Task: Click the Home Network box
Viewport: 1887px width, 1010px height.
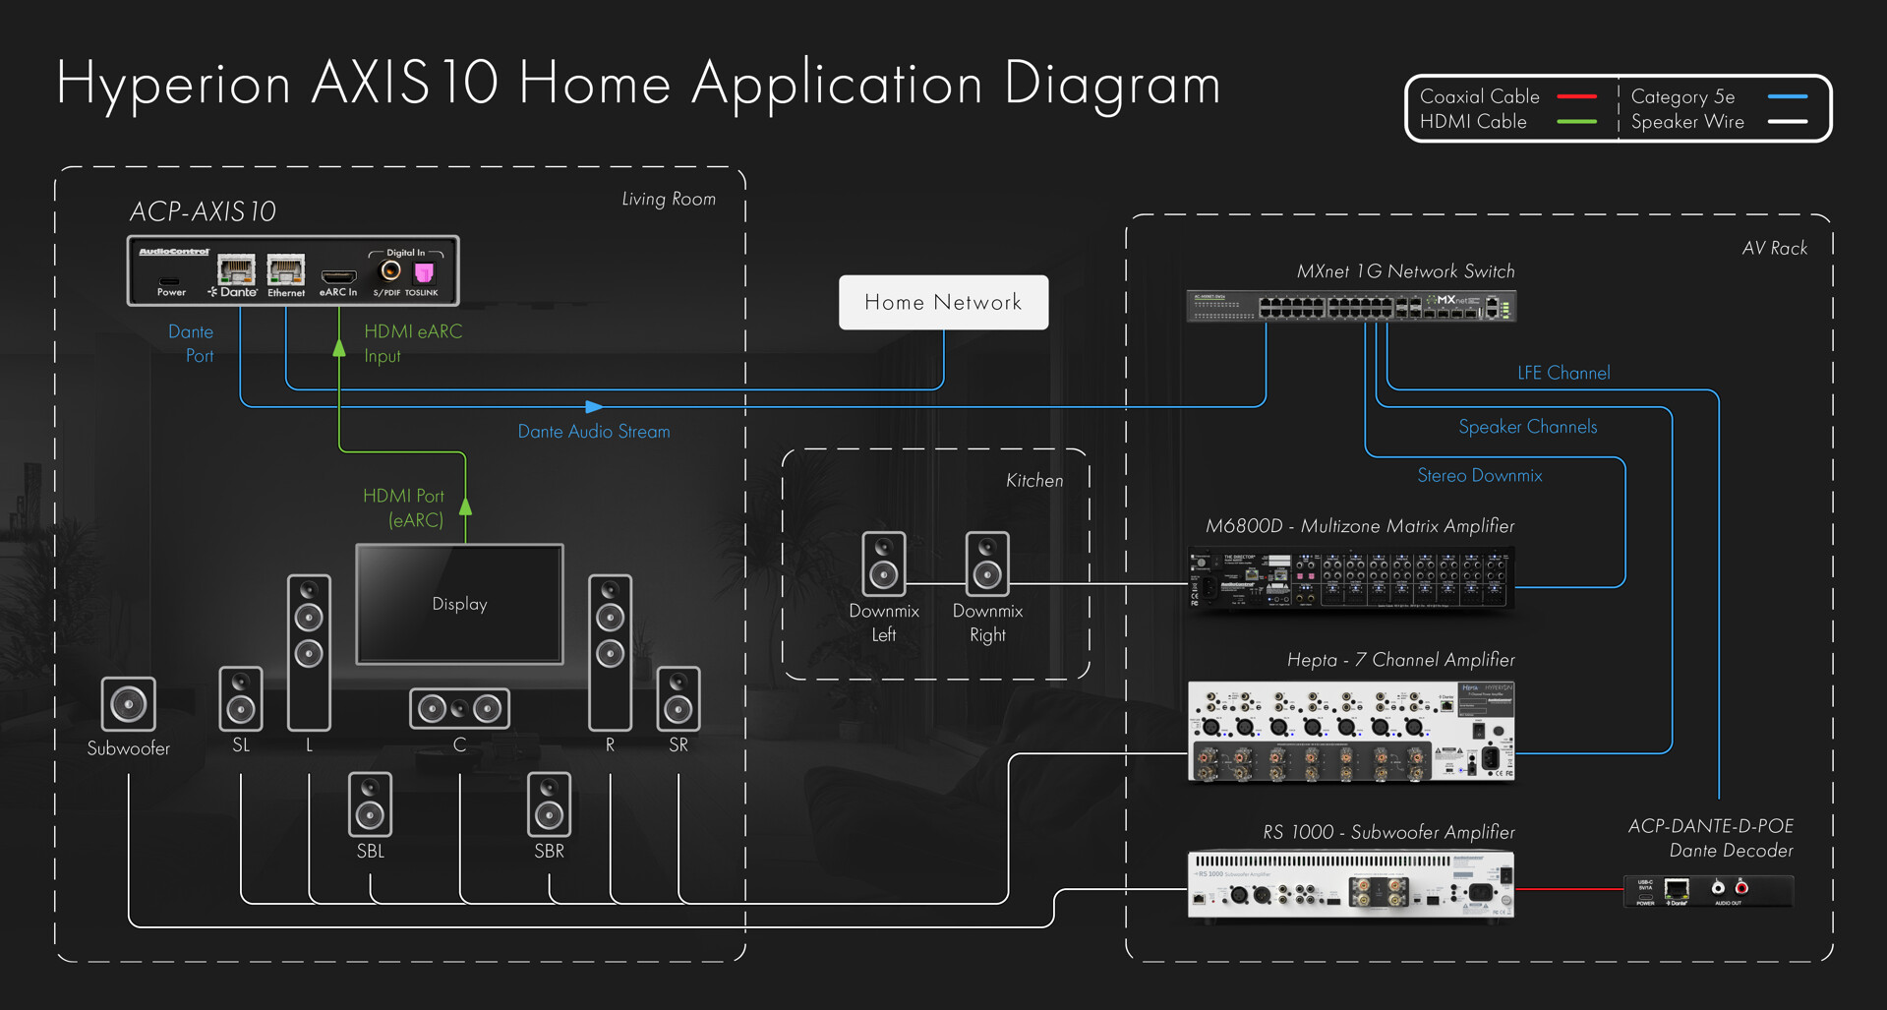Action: (x=943, y=302)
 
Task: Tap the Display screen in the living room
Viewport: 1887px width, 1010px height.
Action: (x=459, y=604)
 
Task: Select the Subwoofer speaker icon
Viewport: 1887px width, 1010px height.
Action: (x=128, y=703)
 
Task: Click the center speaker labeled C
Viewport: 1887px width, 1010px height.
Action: (x=459, y=708)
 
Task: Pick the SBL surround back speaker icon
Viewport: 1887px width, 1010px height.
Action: (x=370, y=803)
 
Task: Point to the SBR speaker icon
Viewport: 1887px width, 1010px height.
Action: (x=549, y=803)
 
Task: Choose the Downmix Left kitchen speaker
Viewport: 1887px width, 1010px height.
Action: (x=883, y=564)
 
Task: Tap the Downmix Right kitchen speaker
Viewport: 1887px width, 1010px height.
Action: (x=987, y=564)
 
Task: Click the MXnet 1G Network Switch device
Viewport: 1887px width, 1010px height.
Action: (x=1351, y=306)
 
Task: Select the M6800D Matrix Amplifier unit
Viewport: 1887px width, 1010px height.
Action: (x=1351, y=578)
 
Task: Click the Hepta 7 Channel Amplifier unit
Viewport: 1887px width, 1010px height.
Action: (x=1351, y=732)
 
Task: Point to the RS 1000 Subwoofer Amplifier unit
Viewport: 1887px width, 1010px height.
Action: (x=1351, y=885)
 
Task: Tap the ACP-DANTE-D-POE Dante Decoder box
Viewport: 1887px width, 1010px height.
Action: (x=1708, y=891)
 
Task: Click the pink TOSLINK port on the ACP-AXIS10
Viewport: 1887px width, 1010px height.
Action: (x=424, y=272)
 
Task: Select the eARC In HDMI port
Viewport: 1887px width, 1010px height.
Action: (x=338, y=276)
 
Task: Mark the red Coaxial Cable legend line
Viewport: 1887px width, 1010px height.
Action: (x=1577, y=96)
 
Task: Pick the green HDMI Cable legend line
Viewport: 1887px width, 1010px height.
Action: (x=1577, y=122)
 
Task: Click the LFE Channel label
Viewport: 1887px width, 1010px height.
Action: (x=1563, y=373)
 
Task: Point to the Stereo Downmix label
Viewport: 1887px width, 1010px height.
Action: (x=1479, y=476)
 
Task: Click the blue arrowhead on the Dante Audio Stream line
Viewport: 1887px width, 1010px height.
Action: (x=594, y=406)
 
